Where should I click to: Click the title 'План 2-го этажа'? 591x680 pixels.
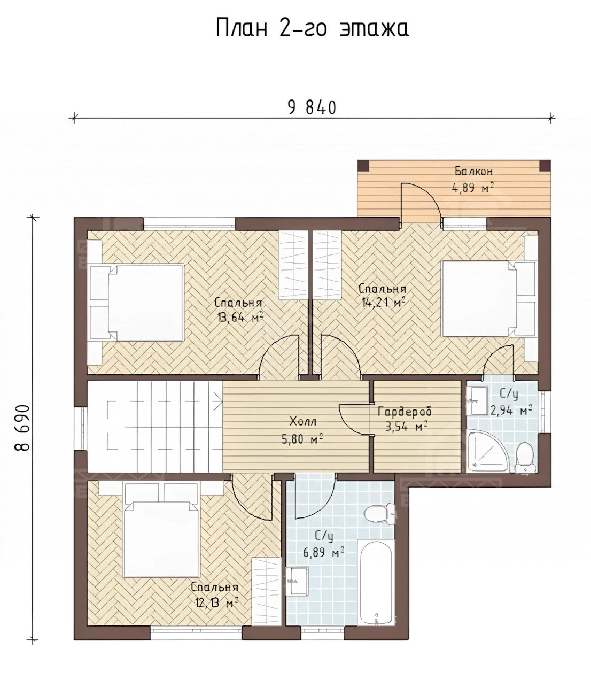[x=312, y=28]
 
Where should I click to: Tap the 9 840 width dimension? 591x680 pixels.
[x=312, y=107]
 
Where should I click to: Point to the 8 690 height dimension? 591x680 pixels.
[x=22, y=428]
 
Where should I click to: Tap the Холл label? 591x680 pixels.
[x=303, y=422]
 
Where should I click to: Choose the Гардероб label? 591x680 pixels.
[x=405, y=412]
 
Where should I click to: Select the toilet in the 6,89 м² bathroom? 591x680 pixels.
[x=380, y=514]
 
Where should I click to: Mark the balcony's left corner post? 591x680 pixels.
[x=363, y=166]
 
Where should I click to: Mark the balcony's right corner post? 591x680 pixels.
[x=545, y=166]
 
